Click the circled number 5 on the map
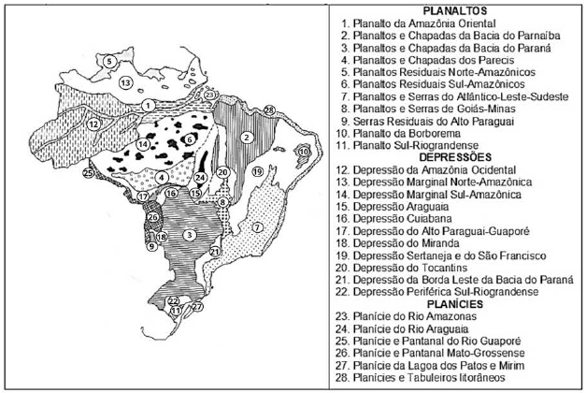110,62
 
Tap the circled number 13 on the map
124,83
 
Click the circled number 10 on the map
303,151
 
